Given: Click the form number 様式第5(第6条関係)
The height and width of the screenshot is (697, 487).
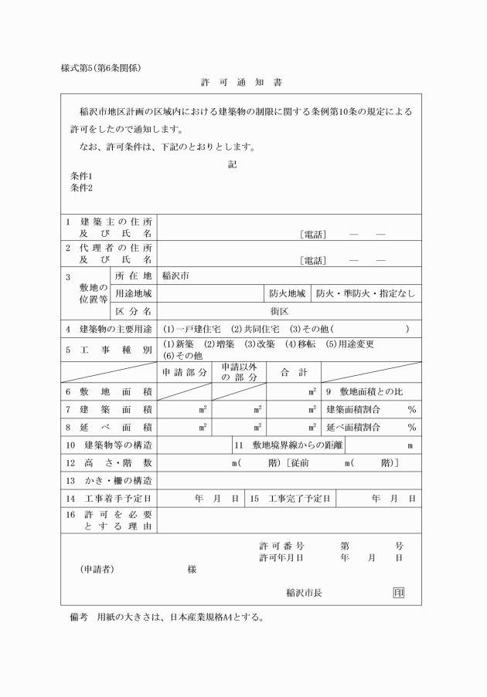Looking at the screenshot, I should [x=100, y=67].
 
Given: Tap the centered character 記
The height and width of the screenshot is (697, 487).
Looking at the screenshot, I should [x=233, y=164].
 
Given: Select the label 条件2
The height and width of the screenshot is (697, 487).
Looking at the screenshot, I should [x=81, y=188].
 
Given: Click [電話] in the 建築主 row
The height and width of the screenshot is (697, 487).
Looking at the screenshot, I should [x=313, y=234].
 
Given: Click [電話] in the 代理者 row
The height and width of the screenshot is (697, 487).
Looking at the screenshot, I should [x=313, y=260].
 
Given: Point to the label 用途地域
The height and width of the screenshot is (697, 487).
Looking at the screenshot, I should [x=134, y=293].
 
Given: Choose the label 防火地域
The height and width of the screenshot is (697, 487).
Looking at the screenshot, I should [x=288, y=293].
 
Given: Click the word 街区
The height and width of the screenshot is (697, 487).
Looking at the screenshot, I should [x=280, y=312].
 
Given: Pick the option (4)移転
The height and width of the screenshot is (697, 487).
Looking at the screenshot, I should [x=301, y=343].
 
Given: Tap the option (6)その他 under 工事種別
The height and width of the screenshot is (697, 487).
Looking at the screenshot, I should [x=182, y=355].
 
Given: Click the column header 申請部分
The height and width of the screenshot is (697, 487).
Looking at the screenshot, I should [x=186, y=372].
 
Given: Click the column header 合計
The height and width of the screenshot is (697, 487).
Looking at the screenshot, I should [x=294, y=372].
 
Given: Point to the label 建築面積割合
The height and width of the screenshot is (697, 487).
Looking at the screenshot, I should [x=356, y=409].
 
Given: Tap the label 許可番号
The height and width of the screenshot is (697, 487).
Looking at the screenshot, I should [x=281, y=546].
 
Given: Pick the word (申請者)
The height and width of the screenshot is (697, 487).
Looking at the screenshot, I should [x=98, y=569].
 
